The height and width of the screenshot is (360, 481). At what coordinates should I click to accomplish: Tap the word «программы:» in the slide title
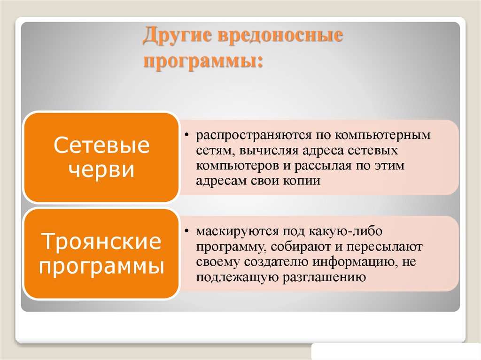pos(203,61)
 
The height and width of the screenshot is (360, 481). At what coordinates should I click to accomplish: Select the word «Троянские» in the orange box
pos(101,243)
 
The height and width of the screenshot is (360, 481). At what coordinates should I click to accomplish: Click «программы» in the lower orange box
pos(101,267)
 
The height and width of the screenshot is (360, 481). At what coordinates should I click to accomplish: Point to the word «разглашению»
pos(324,277)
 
